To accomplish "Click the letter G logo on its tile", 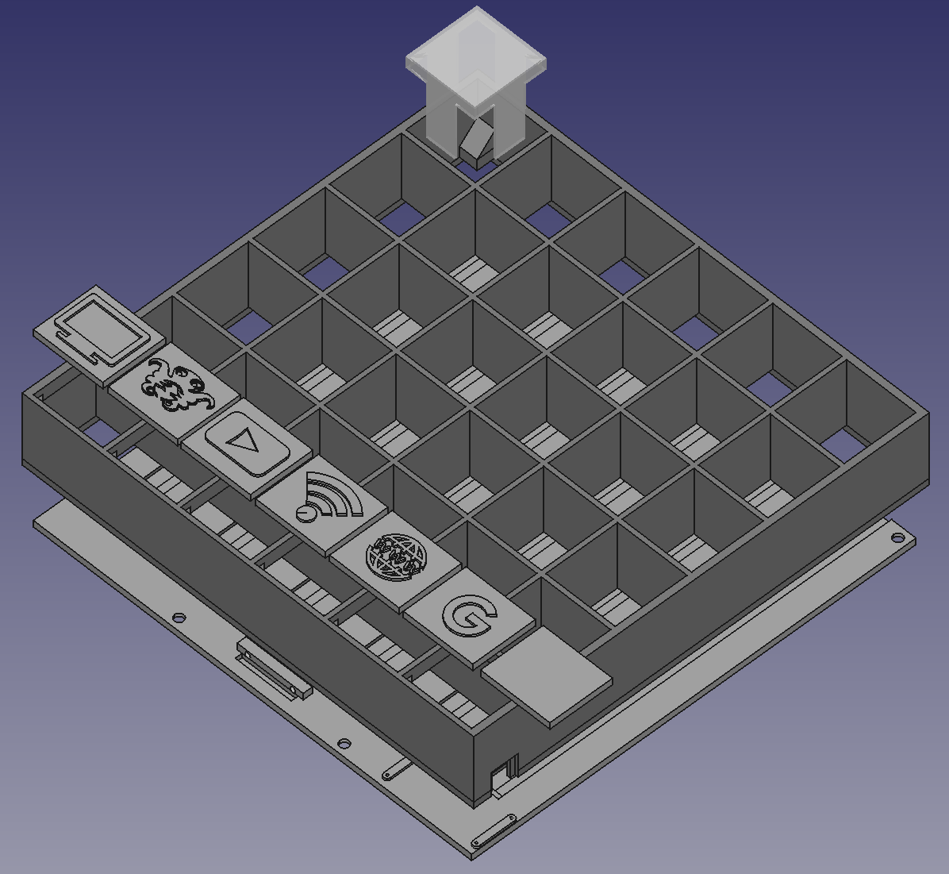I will pyautogui.click(x=470, y=616).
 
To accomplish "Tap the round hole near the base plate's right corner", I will pyautogui.click(x=897, y=538).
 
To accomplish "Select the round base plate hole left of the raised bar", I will pyautogui.click(x=179, y=617).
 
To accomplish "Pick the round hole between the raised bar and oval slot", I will pyautogui.click(x=344, y=745).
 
